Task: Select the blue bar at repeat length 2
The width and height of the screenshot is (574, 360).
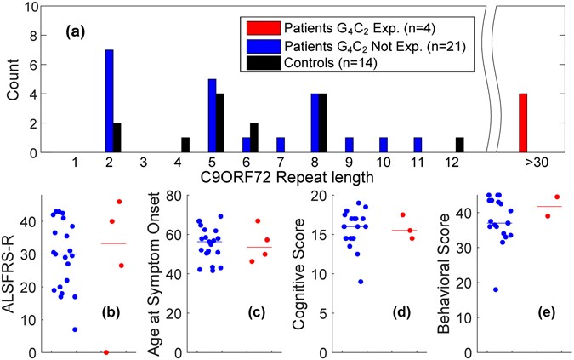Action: [109, 101]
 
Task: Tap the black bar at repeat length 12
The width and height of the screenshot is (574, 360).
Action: [460, 146]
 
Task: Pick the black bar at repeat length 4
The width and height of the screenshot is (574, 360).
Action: [185, 146]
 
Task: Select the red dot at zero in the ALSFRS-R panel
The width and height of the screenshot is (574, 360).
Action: [105, 351]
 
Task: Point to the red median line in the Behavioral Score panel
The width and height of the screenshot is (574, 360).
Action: [548, 207]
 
